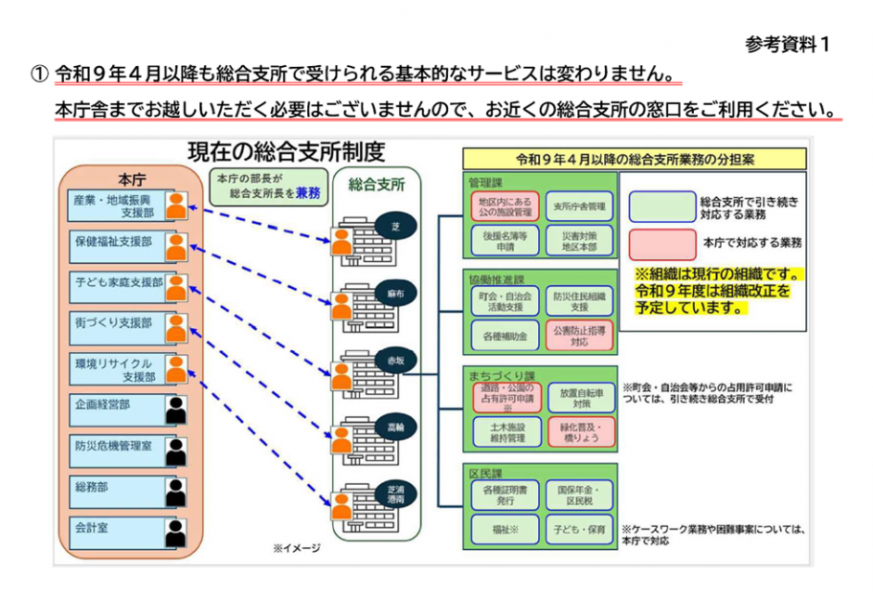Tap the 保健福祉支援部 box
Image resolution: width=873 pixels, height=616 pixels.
pos(115,244)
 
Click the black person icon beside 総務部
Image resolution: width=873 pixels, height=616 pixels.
pos(175,490)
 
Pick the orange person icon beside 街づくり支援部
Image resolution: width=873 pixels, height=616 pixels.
pos(175,327)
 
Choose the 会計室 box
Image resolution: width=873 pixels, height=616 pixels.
pos(115,527)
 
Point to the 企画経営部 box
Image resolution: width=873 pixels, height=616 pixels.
pos(115,406)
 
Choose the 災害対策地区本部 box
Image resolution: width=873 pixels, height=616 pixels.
pos(580,239)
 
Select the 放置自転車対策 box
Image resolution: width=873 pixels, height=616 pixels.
pos(580,397)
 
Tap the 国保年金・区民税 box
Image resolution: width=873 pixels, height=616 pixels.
pos(580,495)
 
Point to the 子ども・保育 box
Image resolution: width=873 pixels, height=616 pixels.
pos(580,527)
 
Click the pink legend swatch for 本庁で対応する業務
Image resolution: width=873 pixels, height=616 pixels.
pos(660,240)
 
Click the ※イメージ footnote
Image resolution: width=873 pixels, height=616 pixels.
pos(296,548)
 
